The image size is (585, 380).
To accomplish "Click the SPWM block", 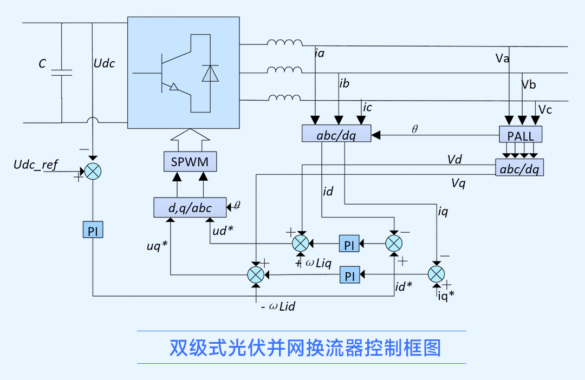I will pos(190,161).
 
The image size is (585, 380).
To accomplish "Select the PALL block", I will pos(520,134).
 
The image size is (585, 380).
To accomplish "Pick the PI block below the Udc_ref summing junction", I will pos(93,231).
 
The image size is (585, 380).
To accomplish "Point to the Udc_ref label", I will pos(36,165).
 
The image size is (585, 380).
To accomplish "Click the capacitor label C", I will pos(42,64).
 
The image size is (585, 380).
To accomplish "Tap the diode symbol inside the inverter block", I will pos(210,74).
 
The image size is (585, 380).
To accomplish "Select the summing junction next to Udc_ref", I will pos(93,172).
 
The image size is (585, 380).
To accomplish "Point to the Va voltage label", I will pos(502,58).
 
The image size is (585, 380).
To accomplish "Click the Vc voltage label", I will pos(545,110).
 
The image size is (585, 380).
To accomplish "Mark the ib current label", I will pos(344,84).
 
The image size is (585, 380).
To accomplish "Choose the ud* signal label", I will pos(223,230).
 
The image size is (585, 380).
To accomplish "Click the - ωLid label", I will pos(278,307).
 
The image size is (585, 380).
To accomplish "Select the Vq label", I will pos(458,184).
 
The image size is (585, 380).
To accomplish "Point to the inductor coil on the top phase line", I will pos(284,43).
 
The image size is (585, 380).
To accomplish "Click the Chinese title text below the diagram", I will pos(305,348).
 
